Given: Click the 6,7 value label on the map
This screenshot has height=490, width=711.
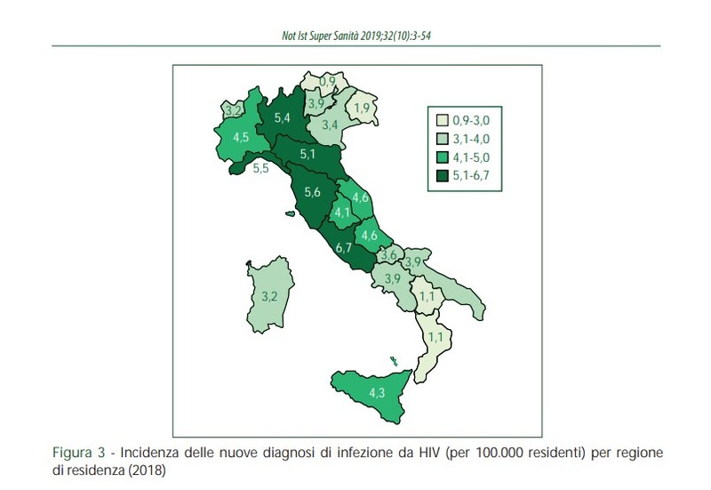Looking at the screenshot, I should point(344,248).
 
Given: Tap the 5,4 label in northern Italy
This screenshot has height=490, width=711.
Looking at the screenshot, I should point(283,117).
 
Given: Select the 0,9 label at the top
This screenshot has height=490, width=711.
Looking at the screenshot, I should point(327,83).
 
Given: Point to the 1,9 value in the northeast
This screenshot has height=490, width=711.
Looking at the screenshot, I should point(362,108).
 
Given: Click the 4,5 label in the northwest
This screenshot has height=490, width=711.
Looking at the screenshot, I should point(241,138).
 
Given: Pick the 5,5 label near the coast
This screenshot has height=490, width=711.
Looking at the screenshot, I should point(261,168).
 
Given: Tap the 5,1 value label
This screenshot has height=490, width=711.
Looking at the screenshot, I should point(308,154).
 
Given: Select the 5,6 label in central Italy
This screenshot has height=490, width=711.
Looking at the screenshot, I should point(312,192).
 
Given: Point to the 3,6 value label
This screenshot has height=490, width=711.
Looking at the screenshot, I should point(387,255).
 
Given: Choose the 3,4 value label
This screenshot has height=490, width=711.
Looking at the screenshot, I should point(329,124).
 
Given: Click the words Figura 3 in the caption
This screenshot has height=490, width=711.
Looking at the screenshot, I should point(77,453).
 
